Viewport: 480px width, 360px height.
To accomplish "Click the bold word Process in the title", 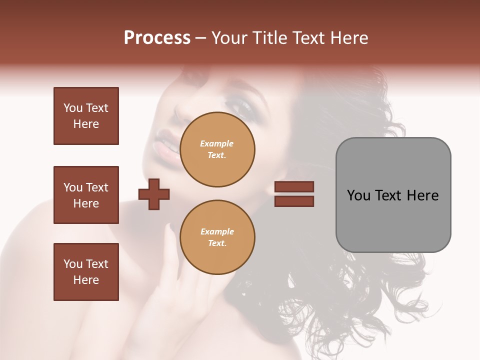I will pyautogui.click(x=157, y=38).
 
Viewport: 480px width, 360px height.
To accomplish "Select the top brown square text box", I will pyautogui.click(x=86, y=116).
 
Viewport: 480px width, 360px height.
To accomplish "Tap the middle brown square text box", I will pyautogui.click(x=86, y=195).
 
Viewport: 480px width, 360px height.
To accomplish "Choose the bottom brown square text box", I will pyautogui.click(x=86, y=272).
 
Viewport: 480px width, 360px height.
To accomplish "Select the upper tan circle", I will pyautogui.click(x=217, y=149).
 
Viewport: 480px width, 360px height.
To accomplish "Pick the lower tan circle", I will pyautogui.click(x=217, y=237).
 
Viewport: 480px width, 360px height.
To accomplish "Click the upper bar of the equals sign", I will pyautogui.click(x=294, y=187).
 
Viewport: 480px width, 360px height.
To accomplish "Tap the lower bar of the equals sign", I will pyautogui.click(x=294, y=201).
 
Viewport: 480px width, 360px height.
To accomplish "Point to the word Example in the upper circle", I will pyautogui.click(x=216, y=143).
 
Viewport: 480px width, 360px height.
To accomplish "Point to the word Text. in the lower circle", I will pyautogui.click(x=216, y=243).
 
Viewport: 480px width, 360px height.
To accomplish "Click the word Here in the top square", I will pyautogui.click(x=86, y=124).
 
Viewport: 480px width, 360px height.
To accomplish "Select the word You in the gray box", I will pyautogui.click(x=358, y=195).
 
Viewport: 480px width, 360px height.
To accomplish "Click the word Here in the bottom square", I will pyautogui.click(x=86, y=280).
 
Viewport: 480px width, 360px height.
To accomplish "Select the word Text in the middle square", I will pyautogui.click(x=97, y=187).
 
